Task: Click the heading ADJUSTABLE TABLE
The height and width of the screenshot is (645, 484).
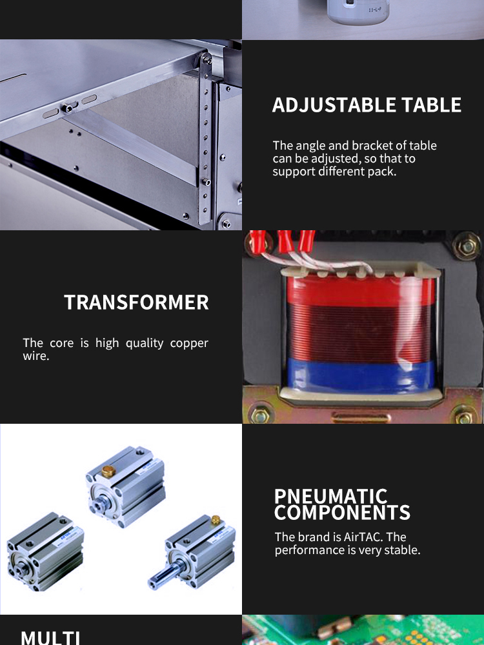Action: pos(367,105)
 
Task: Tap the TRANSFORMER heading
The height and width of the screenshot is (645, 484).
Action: pos(136,303)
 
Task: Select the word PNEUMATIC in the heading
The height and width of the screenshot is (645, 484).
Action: pos(330,496)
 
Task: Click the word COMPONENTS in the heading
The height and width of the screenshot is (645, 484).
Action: pos(343,513)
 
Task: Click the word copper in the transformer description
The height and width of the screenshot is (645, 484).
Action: pos(189,344)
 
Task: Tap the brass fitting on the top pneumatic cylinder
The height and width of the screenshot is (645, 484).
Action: pos(108,471)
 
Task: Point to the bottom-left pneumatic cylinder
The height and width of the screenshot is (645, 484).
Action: pos(45,551)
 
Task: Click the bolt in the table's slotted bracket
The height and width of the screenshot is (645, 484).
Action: pos(67,108)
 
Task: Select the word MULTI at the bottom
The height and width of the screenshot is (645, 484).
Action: pos(50,638)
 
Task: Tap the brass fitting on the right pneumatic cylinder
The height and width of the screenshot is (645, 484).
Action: pos(216,519)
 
